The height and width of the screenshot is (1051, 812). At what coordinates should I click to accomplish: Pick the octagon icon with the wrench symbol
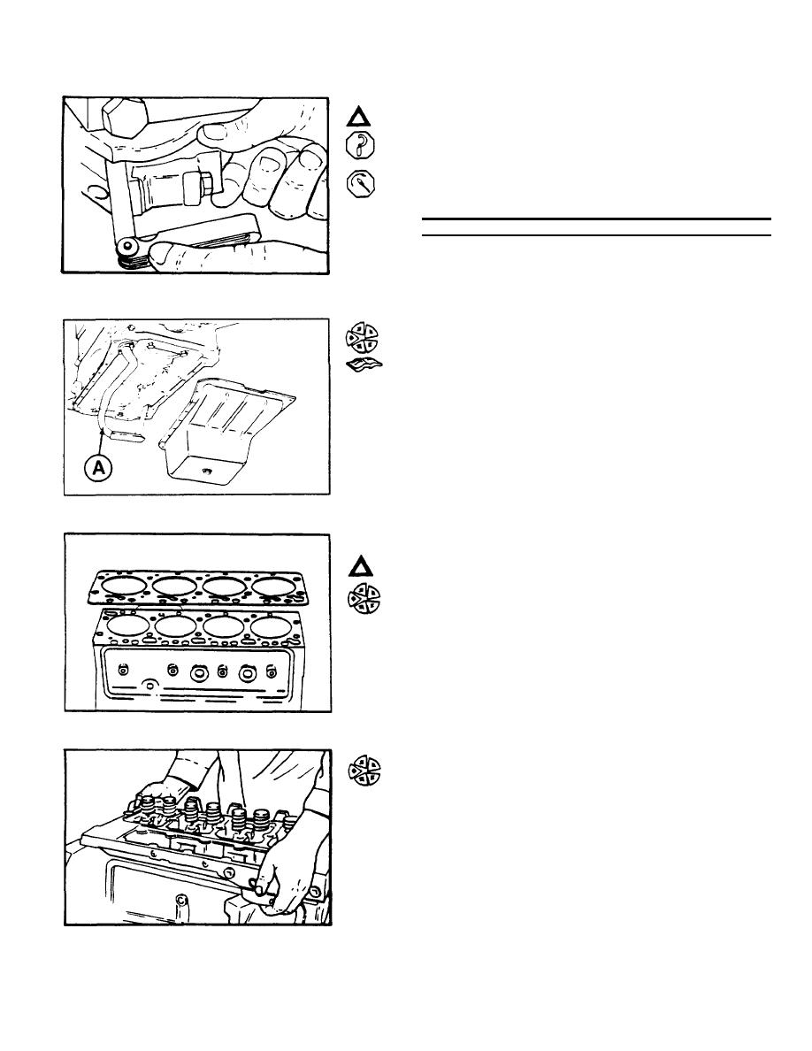point(360,185)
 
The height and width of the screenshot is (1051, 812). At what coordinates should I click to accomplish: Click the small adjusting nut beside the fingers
point(203,186)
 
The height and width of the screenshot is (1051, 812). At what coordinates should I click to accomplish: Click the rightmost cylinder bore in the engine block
point(273,626)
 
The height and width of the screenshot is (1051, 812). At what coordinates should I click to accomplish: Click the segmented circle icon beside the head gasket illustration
point(360,601)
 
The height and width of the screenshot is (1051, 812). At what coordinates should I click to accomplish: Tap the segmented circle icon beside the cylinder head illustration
point(364,772)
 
